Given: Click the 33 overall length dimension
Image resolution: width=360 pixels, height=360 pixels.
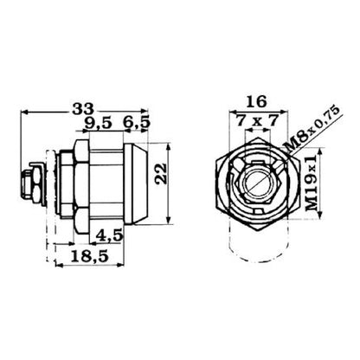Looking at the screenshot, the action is click(x=83, y=109).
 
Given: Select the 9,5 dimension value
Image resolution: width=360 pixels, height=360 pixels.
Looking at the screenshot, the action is click(x=98, y=123).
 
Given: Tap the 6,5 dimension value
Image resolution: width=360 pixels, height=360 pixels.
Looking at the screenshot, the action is click(x=137, y=123).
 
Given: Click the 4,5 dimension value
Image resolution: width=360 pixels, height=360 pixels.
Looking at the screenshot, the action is click(x=109, y=235).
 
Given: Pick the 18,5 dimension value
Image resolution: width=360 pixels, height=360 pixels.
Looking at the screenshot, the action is click(x=90, y=256).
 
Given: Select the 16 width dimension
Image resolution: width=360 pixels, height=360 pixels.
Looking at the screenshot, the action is click(x=257, y=101).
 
